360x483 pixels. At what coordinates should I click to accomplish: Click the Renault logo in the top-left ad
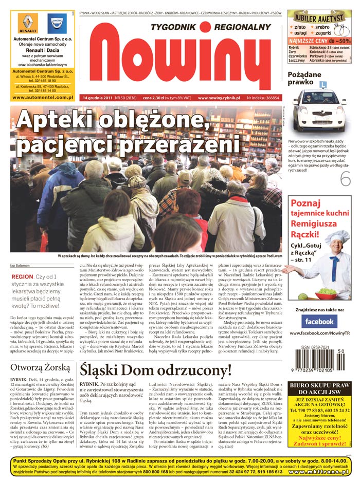(x=28, y=24)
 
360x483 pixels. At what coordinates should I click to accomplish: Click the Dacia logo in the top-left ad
(x=57, y=24)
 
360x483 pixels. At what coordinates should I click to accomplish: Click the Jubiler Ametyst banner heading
(x=319, y=16)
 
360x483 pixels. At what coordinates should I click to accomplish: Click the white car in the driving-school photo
(x=319, y=110)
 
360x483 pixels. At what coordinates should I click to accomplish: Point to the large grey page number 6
(x=346, y=178)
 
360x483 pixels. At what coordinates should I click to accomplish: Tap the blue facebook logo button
(x=319, y=322)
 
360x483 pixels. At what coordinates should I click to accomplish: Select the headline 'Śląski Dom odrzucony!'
(x=155, y=371)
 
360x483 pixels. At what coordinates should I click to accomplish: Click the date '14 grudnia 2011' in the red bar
(x=97, y=98)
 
